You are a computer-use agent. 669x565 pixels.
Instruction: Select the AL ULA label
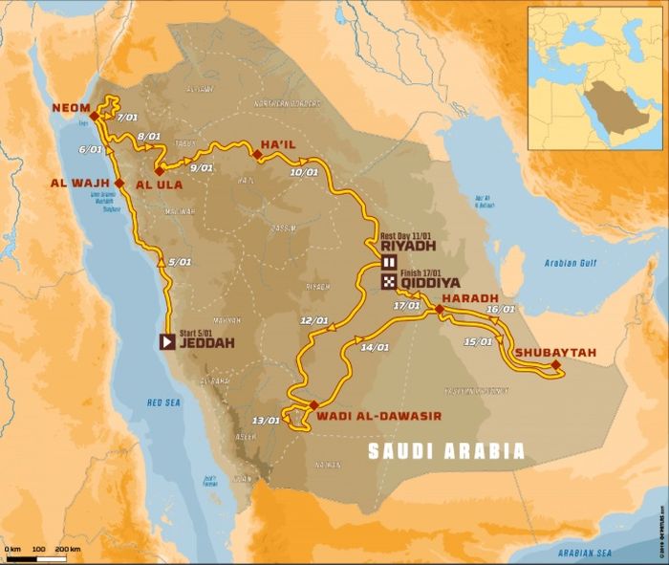[x=158, y=182]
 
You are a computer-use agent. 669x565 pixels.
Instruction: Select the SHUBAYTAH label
[x=555, y=352]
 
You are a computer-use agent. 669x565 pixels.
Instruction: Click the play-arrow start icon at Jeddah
[x=166, y=340]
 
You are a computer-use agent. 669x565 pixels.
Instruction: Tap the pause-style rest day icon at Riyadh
[x=390, y=262]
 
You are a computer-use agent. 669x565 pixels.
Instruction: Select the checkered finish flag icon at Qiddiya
[x=390, y=282]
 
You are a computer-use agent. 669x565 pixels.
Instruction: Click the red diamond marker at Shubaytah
[x=555, y=364]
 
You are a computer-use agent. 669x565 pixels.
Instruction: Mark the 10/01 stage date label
[x=303, y=173]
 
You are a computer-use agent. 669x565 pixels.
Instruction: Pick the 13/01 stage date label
[x=266, y=420]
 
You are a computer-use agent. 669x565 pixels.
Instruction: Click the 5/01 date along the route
[x=178, y=262]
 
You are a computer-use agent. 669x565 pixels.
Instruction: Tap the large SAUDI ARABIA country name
[x=446, y=450]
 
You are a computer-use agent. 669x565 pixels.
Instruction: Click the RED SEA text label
[x=163, y=403]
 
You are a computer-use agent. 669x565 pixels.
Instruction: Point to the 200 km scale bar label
[x=67, y=550]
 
